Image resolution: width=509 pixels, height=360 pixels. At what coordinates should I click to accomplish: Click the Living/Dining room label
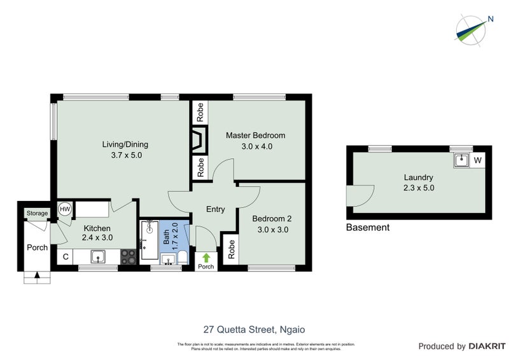(x=125, y=144)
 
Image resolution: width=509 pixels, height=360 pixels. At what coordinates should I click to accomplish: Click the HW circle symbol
(x=64, y=209)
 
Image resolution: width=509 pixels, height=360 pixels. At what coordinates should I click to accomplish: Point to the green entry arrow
(x=206, y=257)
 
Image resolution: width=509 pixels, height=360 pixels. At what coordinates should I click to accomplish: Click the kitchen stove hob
(x=128, y=257)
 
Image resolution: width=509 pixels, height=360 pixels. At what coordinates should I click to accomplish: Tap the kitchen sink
(x=98, y=257)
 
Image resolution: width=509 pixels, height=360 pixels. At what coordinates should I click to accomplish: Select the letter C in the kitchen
(x=65, y=257)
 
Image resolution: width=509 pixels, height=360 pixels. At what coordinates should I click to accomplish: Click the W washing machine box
(x=477, y=160)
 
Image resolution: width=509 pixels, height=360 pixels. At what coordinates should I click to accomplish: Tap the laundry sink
(x=461, y=160)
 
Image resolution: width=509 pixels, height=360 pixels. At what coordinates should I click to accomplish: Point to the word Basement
(x=367, y=227)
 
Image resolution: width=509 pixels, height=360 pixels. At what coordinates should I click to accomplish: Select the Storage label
(x=36, y=213)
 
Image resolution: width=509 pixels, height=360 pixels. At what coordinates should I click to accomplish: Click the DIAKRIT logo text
(x=486, y=347)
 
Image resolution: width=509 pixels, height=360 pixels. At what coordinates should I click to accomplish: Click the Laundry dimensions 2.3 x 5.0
(x=418, y=188)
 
